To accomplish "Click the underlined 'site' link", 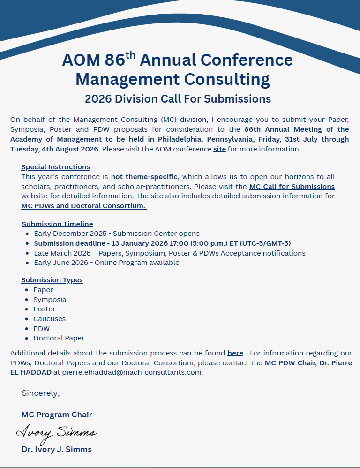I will click(219, 149).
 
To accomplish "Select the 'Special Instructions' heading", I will click(55, 167).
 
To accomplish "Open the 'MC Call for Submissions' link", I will click(292, 186).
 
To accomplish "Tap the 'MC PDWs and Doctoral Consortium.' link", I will click(84, 205).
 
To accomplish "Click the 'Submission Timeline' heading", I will click(57, 224).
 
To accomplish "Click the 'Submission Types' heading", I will click(52, 280).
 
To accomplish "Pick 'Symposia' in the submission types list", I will click(50, 300).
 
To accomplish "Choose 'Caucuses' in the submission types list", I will click(49, 319).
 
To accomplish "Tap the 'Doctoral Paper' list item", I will click(59, 338).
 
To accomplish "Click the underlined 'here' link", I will click(235, 353).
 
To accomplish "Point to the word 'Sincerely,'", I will click(41, 393).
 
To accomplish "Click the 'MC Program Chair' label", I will click(57, 415).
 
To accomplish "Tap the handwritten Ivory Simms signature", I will click(56, 433).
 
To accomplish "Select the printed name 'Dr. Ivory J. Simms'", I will click(56, 449).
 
